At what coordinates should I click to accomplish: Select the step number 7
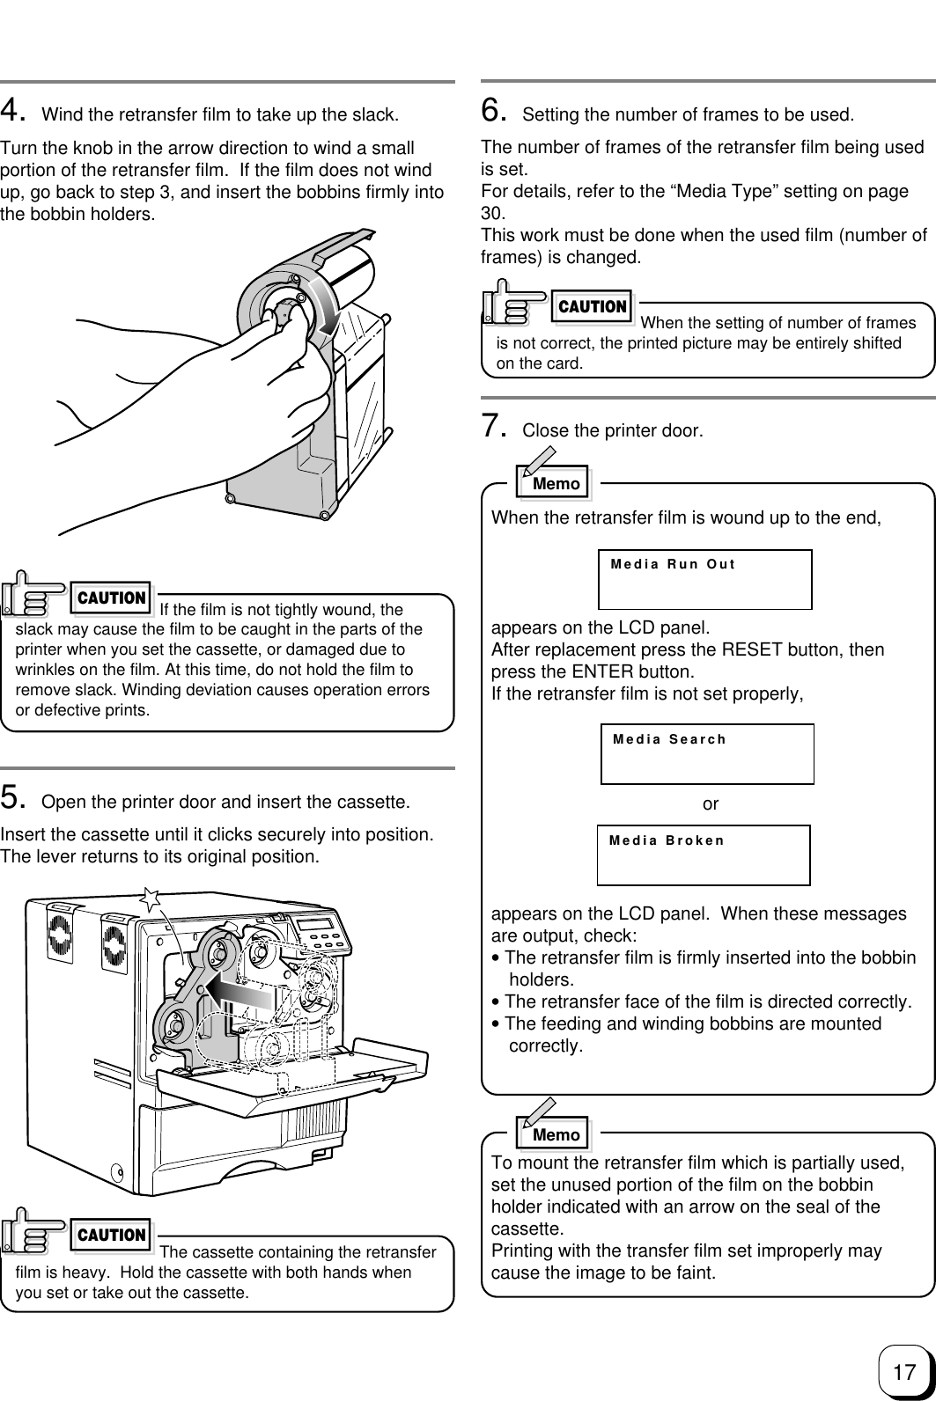tap(493, 427)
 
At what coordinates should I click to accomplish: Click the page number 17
tap(903, 1371)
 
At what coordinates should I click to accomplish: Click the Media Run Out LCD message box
tap(704, 579)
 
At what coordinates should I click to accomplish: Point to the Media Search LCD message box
tap(707, 753)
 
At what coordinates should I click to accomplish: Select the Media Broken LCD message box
tap(704, 855)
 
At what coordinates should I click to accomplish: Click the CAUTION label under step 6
tap(593, 307)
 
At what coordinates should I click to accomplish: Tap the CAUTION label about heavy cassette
tap(112, 1235)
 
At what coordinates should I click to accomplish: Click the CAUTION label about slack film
tap(112, 598)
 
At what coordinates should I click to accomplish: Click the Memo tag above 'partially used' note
tap(556, 1134)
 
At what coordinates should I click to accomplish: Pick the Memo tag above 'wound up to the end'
tap(556, 483)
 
